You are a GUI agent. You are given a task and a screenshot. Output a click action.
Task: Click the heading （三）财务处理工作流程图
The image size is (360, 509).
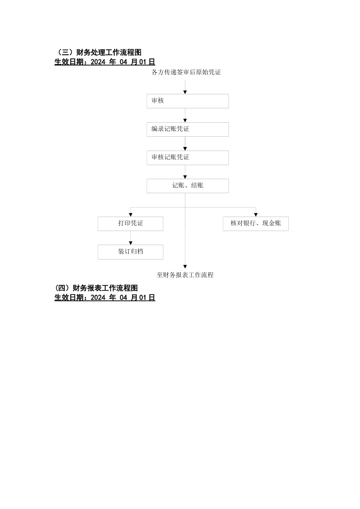click(98, 53)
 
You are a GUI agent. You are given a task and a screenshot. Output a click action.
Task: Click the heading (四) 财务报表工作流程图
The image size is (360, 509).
click(96, 288)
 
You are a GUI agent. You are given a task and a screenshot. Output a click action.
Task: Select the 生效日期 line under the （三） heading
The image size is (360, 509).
click(105, 62)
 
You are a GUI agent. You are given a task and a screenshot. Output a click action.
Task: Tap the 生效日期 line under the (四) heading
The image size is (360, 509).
click(105, 298)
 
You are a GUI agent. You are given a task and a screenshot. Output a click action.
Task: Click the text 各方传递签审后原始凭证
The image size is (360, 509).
click(186, 72)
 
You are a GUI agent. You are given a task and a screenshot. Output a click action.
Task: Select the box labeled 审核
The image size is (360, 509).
click(188, 101)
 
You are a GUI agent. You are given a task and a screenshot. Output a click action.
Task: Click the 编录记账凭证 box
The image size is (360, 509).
click(188, 130)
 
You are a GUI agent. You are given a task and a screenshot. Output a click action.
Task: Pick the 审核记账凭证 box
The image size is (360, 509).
click(188, 158)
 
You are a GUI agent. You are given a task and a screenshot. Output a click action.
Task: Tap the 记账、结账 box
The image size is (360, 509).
click(188, 186)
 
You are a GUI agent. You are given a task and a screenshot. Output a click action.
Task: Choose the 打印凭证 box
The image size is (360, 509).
click(130, 224)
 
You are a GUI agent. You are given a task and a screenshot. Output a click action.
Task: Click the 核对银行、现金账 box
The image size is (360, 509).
click(256, 224)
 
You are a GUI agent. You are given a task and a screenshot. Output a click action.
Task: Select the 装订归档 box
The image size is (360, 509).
click(130, 252)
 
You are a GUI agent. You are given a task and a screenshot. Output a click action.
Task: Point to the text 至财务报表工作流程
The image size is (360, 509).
click(185, 275)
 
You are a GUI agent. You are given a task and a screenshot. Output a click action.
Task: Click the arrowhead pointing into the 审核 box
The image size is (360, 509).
click(185, 92)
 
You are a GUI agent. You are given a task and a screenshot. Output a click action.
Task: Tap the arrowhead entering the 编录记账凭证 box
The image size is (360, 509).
click(185, 120)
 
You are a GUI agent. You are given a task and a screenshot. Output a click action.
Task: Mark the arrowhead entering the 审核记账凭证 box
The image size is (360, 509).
click(185, 149)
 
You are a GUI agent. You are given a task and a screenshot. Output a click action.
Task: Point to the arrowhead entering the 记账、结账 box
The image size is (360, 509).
click(185, 177)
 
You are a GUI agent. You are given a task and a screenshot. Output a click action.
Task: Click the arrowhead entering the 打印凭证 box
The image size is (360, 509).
click(131, 215)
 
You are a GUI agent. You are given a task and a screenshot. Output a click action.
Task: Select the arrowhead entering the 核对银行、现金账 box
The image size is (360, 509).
click(256, 215)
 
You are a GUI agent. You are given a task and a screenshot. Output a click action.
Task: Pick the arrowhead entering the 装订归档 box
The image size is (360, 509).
click(131, 243)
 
